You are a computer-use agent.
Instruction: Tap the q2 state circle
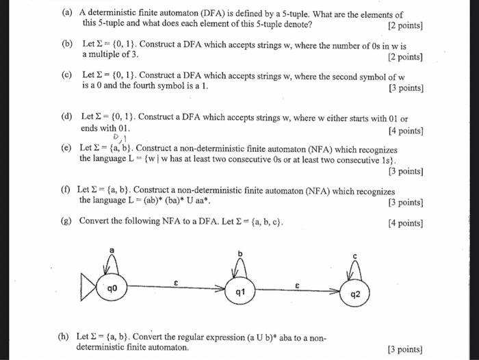tap(354, 296)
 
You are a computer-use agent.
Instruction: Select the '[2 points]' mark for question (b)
tap(405, 57)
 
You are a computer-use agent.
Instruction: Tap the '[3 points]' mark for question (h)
tap(405, 349)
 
